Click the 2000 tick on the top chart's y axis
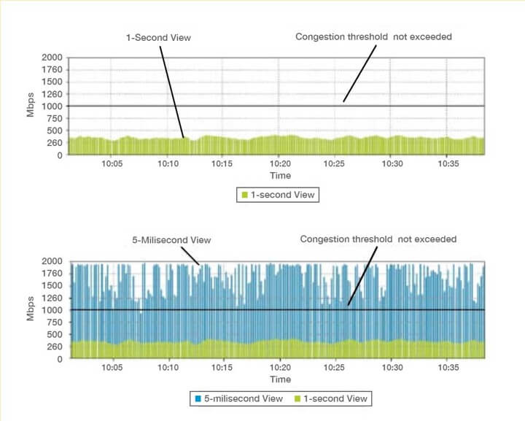pos(52,57)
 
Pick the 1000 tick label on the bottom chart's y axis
pos(52,310)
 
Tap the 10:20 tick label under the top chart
pos(281,163)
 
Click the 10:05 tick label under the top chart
pos(112,163)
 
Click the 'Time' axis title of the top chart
pos(280,175)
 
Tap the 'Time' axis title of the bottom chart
pos(280,379)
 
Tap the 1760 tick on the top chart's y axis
pos(52,70)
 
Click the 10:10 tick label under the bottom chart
pos(168,368)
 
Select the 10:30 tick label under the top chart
pos(392,163)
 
